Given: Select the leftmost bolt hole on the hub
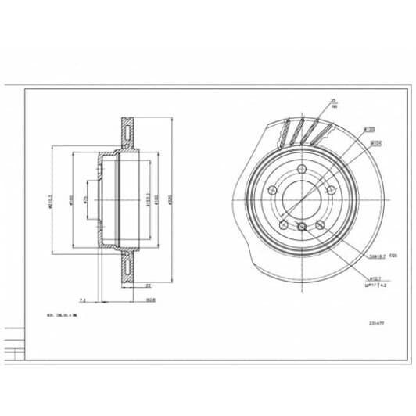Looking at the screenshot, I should (273, 193).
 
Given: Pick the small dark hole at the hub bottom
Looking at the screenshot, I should (302, 227).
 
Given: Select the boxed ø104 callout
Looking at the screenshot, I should (375, 143).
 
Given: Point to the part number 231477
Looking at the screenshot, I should (376, 321).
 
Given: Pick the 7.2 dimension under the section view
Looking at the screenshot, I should (83, 298).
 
